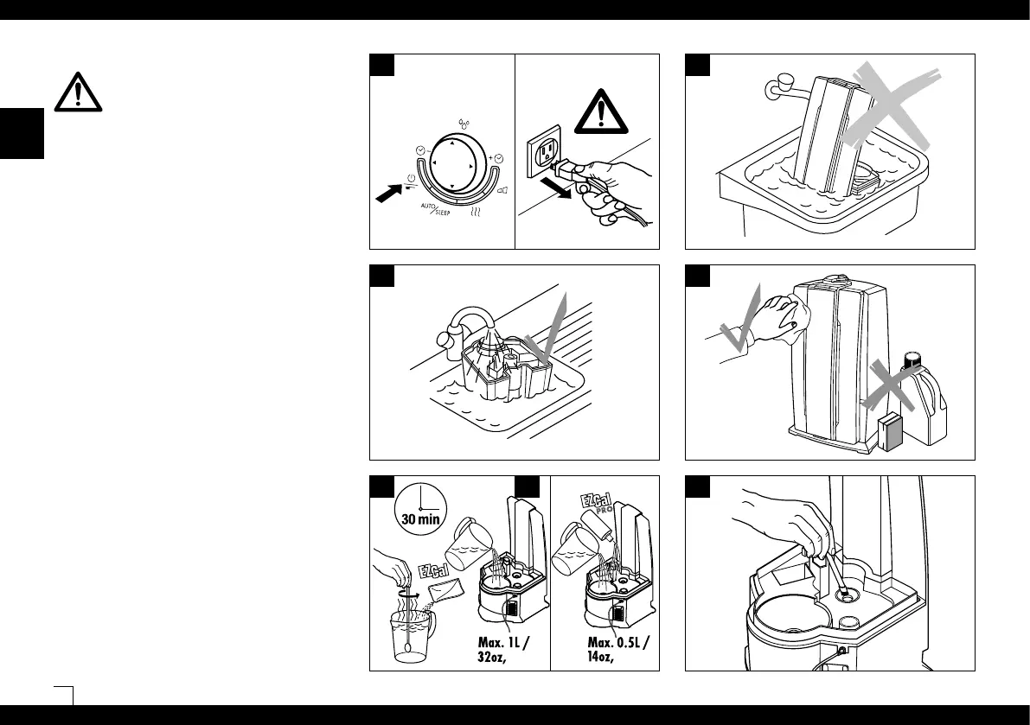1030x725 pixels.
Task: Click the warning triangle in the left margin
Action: pyautogui.click(x=77, y=91)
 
